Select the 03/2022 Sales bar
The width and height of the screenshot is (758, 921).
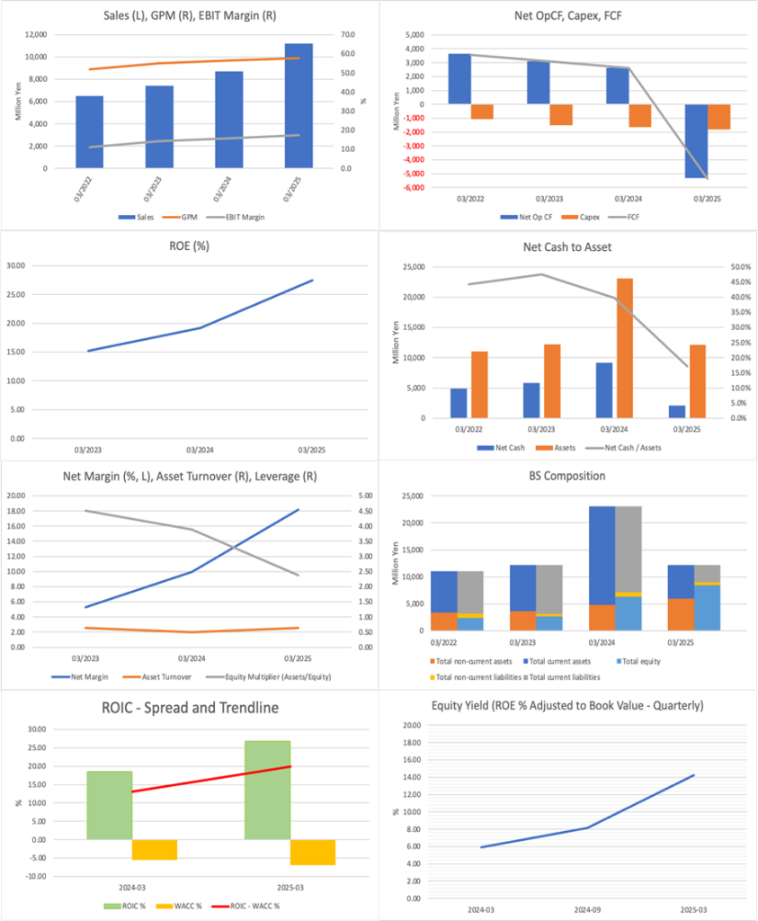tap(89, 131)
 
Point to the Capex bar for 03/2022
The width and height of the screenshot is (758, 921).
tap(482, 112)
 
